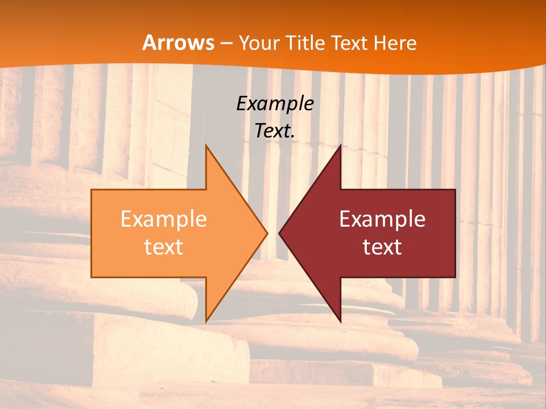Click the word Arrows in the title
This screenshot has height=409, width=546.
[x=179, y=43]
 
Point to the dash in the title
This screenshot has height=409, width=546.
[x=226, y=44]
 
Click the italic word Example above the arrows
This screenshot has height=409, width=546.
[x=275, y=103]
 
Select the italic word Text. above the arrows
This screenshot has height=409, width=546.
[x=275, y=131]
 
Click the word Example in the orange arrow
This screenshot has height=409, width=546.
[x=164, y=219]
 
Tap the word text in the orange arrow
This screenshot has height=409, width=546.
[x=164, y=247]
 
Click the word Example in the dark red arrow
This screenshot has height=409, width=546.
[x=382, y=219]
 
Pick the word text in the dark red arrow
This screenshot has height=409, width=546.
[x=382, y=247]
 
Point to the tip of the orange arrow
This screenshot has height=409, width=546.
[x=267, y=233]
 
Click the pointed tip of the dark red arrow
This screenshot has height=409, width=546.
[x=279, y=233]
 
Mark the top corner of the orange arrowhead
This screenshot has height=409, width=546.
[x=206, y=145]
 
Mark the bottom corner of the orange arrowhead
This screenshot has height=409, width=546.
[x=206, y=321]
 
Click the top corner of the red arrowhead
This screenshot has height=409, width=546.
[x=340, y=145]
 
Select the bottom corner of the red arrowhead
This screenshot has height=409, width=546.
[x=340, y=321]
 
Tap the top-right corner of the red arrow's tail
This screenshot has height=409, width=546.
[x=455, y=189]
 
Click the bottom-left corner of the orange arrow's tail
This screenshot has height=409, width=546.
[x=92, y=277]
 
